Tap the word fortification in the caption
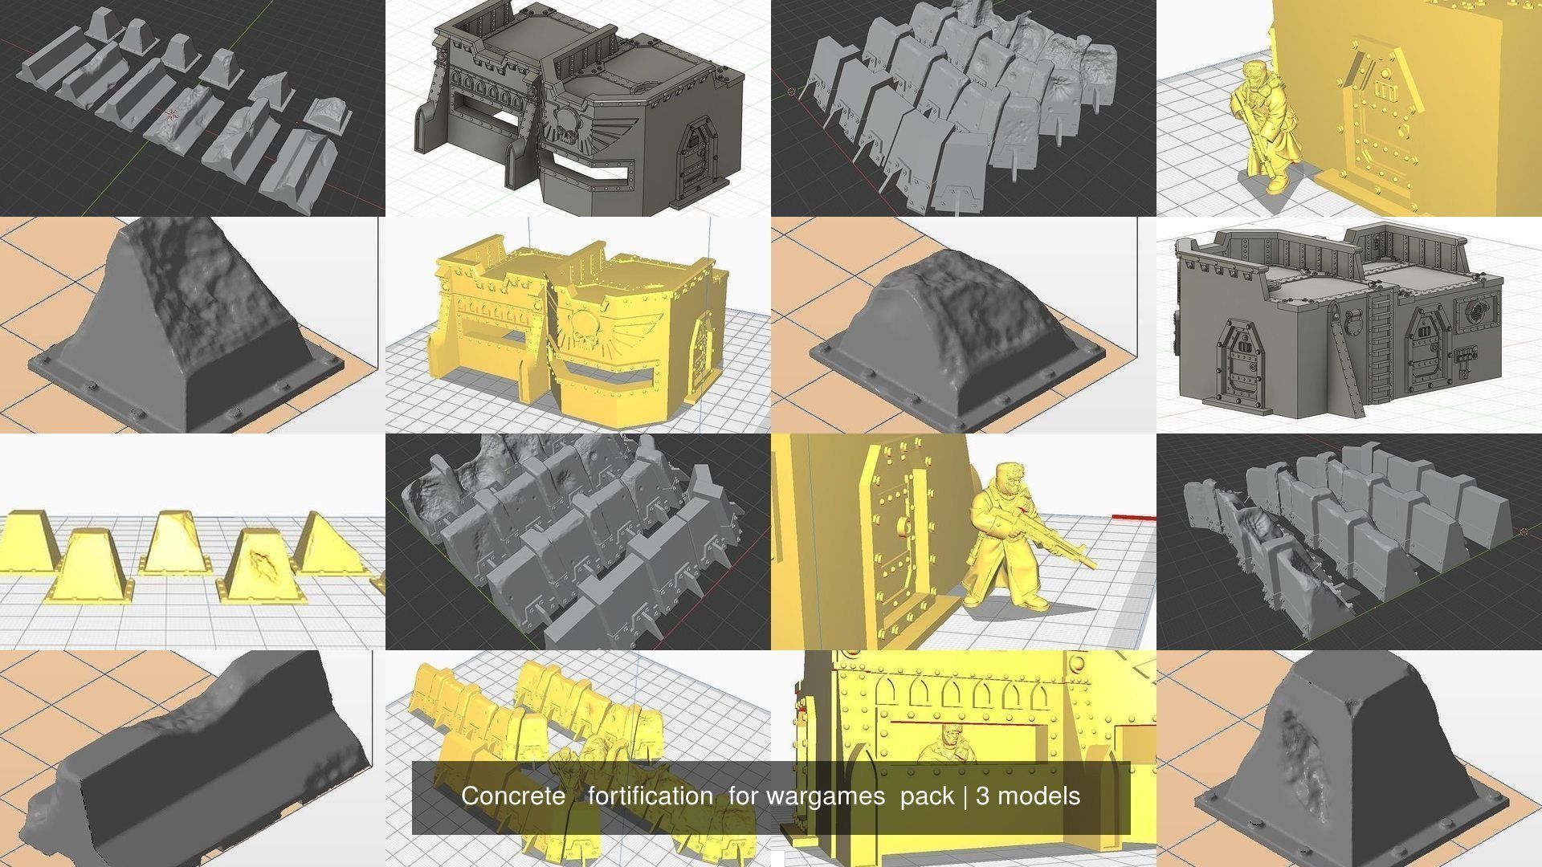click(650, 796)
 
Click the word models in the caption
click(1038, 796)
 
